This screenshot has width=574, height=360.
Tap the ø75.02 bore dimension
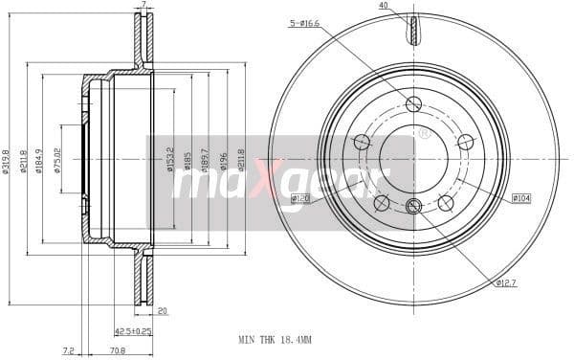[57, 159]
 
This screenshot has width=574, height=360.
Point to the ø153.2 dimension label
[170, 159]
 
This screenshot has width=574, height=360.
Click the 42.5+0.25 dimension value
[133, 331]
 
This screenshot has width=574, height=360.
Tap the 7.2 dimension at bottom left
[68, 350]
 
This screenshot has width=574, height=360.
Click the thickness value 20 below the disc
[163, 311]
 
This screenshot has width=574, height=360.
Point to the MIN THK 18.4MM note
[275, 339]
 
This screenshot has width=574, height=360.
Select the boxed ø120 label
[301, 199]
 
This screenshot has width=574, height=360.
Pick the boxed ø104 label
[520, 198]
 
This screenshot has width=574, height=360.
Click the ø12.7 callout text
[507, 283]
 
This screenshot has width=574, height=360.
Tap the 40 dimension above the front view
[384, 6]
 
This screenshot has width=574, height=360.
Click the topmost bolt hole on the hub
[413, 104]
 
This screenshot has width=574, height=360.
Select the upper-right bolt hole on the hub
[465, 142]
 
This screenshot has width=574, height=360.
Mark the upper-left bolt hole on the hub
[362, 142]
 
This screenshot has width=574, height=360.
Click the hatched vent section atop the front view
[413, 31]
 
